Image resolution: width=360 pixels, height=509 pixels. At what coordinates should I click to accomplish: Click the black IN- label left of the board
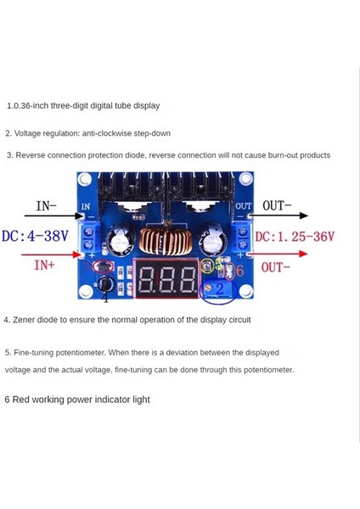click(46, 206)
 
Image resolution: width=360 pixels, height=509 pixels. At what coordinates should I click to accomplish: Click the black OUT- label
click(277, 205)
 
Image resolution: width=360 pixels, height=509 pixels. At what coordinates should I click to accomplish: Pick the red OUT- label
click(277, 267)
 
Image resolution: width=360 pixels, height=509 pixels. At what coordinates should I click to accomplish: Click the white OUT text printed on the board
click(243, 205)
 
